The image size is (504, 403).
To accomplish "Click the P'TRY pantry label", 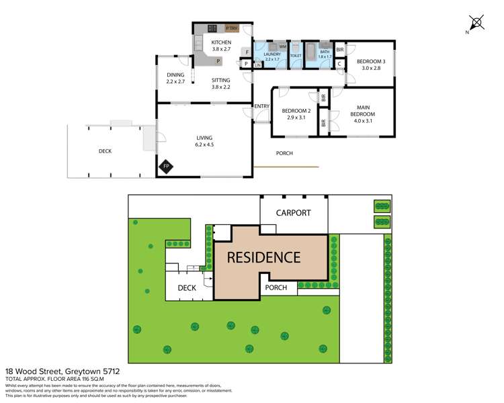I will coord(232,28).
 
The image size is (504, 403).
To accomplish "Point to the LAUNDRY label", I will coord(271,54).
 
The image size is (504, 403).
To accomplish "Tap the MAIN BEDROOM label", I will coord(362,111).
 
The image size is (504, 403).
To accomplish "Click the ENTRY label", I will coord(261,106).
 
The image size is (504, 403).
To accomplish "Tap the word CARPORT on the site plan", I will coord(294,213).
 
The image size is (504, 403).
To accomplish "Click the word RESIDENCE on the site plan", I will coord(263,257).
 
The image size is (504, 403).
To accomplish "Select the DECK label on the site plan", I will coord(186,288).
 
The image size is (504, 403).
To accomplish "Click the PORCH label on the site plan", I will coord(276,287).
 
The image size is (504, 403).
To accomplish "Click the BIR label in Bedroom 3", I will coord(340,50).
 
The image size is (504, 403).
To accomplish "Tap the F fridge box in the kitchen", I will coord(247,52).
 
